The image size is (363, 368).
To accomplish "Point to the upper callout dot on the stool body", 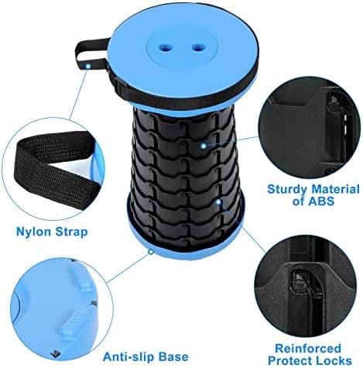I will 203,145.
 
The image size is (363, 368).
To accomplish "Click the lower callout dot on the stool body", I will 220,202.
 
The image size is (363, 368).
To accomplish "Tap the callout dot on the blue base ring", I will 149,249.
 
